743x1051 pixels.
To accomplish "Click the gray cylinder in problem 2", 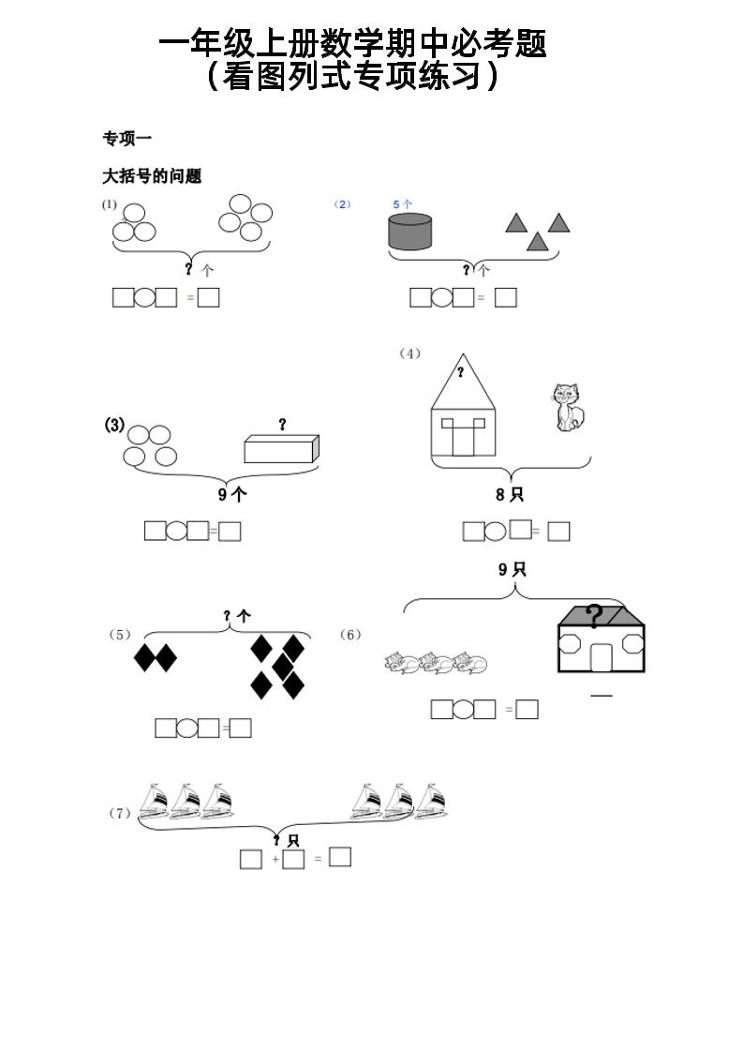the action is (410, 232).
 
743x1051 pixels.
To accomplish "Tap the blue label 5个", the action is (403, 203).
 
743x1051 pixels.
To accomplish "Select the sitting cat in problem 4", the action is (568, 408).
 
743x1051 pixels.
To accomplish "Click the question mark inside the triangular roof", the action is (461, 372).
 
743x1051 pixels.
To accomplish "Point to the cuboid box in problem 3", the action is (281, 448).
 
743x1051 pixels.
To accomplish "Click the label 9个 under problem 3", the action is (232, 495).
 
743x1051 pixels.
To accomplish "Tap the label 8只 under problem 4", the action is (509, 495).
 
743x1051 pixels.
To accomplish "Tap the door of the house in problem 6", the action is (601, 657).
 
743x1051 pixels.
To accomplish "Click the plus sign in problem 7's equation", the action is (275, 859).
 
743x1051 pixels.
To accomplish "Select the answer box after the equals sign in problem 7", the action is (340, 857).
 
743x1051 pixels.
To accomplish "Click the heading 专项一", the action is (127, 139).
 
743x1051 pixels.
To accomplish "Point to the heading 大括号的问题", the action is (152, 176).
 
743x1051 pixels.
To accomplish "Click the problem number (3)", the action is (114, 425).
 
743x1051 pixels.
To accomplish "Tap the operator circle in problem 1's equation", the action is (144, 297).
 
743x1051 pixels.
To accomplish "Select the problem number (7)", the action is (120, 813).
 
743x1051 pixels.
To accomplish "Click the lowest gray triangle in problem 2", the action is (537, 242).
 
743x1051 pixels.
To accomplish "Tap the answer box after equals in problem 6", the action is (528, 709).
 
